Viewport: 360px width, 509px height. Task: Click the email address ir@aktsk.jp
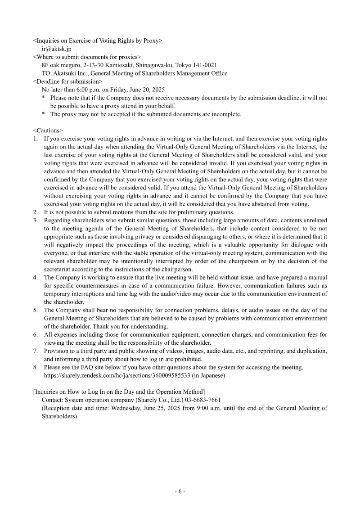(x=56, y=49)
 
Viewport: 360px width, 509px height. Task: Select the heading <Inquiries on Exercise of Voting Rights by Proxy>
(x=98, y=41)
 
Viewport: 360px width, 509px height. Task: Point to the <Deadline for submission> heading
(x=67, y=81)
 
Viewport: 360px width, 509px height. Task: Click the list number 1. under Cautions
(x=36, y=139)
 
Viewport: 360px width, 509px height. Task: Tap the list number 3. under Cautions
(x=36, y=220)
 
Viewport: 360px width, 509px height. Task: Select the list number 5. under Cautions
(x=36, y=310)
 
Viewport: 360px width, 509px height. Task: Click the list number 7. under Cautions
(x=36, y=351)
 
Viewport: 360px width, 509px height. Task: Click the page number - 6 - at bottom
(x=180, y=491)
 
